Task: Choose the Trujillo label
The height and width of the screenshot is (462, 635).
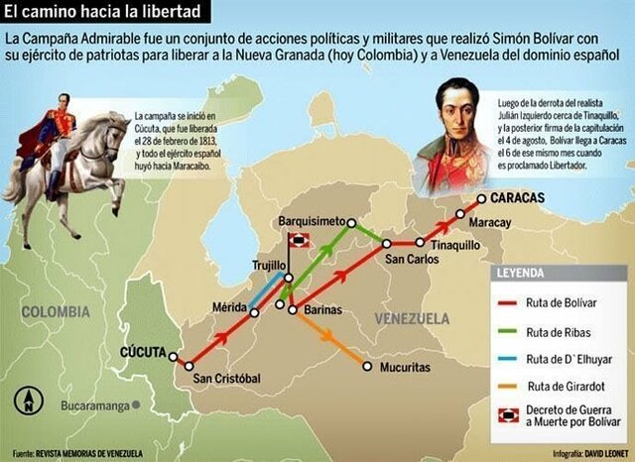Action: [271, 265]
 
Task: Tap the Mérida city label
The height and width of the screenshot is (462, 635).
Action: [228, 306]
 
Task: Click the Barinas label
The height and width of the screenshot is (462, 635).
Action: [322, 310]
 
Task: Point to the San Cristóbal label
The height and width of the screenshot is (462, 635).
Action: [226, 379]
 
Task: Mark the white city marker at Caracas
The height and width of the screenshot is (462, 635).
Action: [481, 199]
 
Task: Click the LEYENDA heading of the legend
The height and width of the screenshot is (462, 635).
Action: [525, 271]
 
